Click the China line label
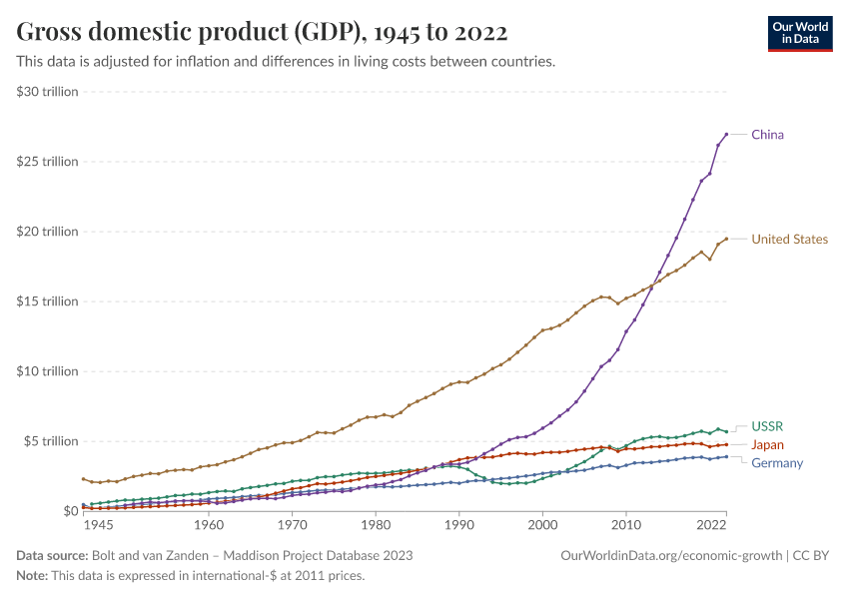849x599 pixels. [767, 135]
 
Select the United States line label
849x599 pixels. [789, 240]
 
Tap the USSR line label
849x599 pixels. [767, 425]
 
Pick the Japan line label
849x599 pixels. [767, 444]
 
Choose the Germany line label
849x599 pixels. [776, 463]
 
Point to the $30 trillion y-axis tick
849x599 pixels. [48, 92]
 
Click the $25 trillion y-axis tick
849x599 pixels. [48, 162]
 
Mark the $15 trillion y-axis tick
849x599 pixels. [48, 301]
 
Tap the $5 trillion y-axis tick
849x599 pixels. [51, 441]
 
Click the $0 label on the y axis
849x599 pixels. [70, 511]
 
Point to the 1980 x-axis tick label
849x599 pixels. [376, 524]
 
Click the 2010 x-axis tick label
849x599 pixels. [626, 524]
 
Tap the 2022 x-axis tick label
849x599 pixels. [710, 524]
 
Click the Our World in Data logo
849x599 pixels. [799, 33]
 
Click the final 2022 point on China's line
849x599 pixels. [726, 135]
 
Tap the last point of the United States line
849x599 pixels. [726, 239]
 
